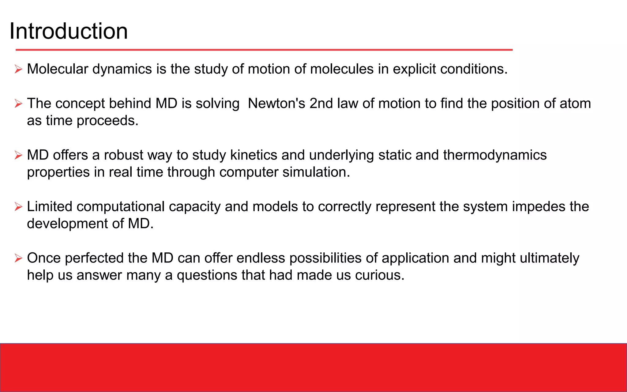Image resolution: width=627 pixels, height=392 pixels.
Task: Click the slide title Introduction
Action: tap(69, 31)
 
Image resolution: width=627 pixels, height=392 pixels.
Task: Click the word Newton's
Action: tap(276, 104)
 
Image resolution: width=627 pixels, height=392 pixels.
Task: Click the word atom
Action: tap(575, 104)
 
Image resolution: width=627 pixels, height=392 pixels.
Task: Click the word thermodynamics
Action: tap(495, 155)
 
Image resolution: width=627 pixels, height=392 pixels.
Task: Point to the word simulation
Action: tap(316, 172)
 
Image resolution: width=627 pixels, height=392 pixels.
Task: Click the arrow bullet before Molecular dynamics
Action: tap(18, 69)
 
